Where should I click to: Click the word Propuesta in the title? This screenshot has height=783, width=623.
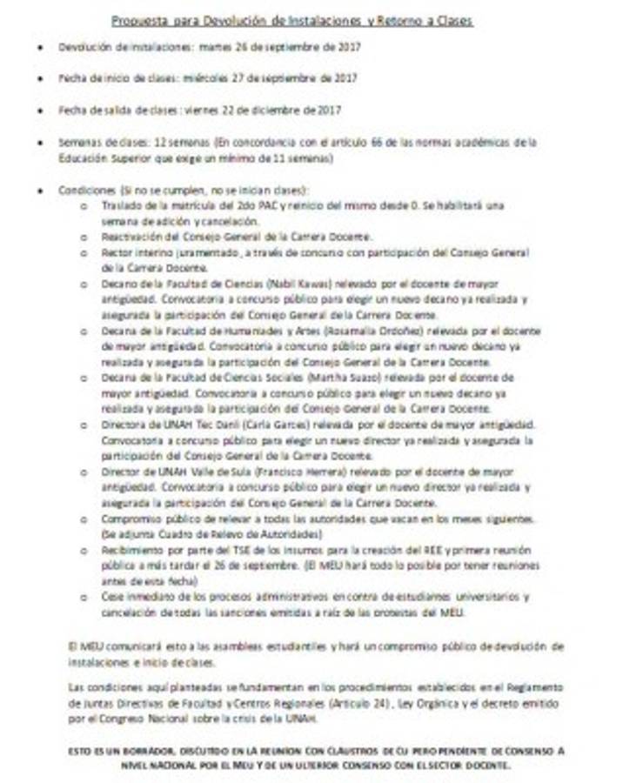point(141,20)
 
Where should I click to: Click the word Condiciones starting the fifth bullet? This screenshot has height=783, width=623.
point(86,190)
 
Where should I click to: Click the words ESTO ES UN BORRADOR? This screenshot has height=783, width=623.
point(121,749)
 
